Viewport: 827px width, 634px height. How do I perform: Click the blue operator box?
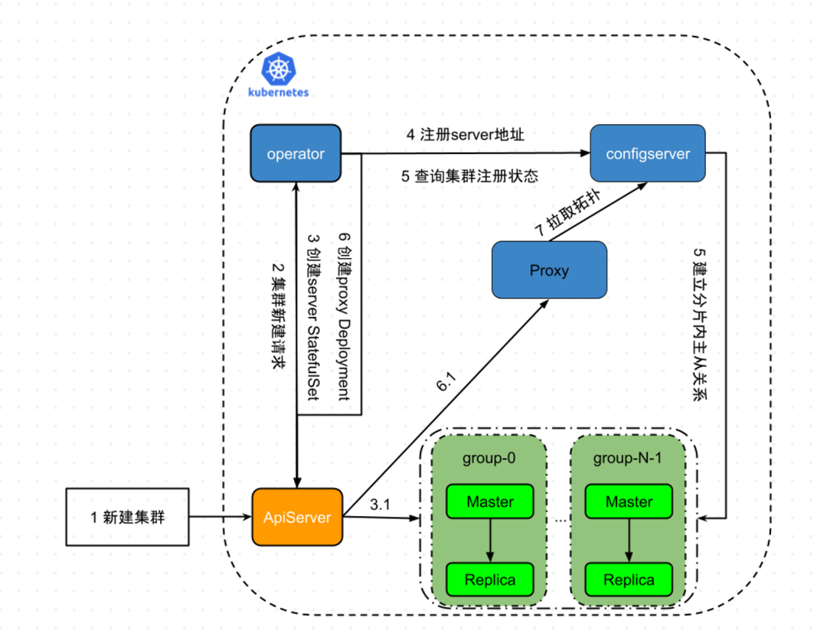(x=296, y=154)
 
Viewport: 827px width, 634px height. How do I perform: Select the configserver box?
(x=648, y=154)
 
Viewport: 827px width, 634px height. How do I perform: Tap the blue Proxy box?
(x=549, y=270)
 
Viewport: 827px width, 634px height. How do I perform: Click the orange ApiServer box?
(x=297, y=518)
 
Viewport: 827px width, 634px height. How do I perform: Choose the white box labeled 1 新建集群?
(x=128, y=517)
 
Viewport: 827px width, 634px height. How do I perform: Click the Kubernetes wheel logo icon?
(x=278, y=69)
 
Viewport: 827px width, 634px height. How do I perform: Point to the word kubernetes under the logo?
(x=279, y=92)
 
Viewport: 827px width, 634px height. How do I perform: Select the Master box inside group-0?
(x=490, y=502)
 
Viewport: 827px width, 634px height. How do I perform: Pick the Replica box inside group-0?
(x=490, y=580)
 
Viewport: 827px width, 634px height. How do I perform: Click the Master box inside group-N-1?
(x=629, y=502)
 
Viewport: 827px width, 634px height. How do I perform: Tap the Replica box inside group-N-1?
(x=629, y=580)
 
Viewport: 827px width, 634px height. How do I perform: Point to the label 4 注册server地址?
(x=466, y=135)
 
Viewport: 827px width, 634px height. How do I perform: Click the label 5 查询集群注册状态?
(x=470, y=175)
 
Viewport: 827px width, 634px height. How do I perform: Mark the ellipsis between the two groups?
(x=559, y=519)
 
